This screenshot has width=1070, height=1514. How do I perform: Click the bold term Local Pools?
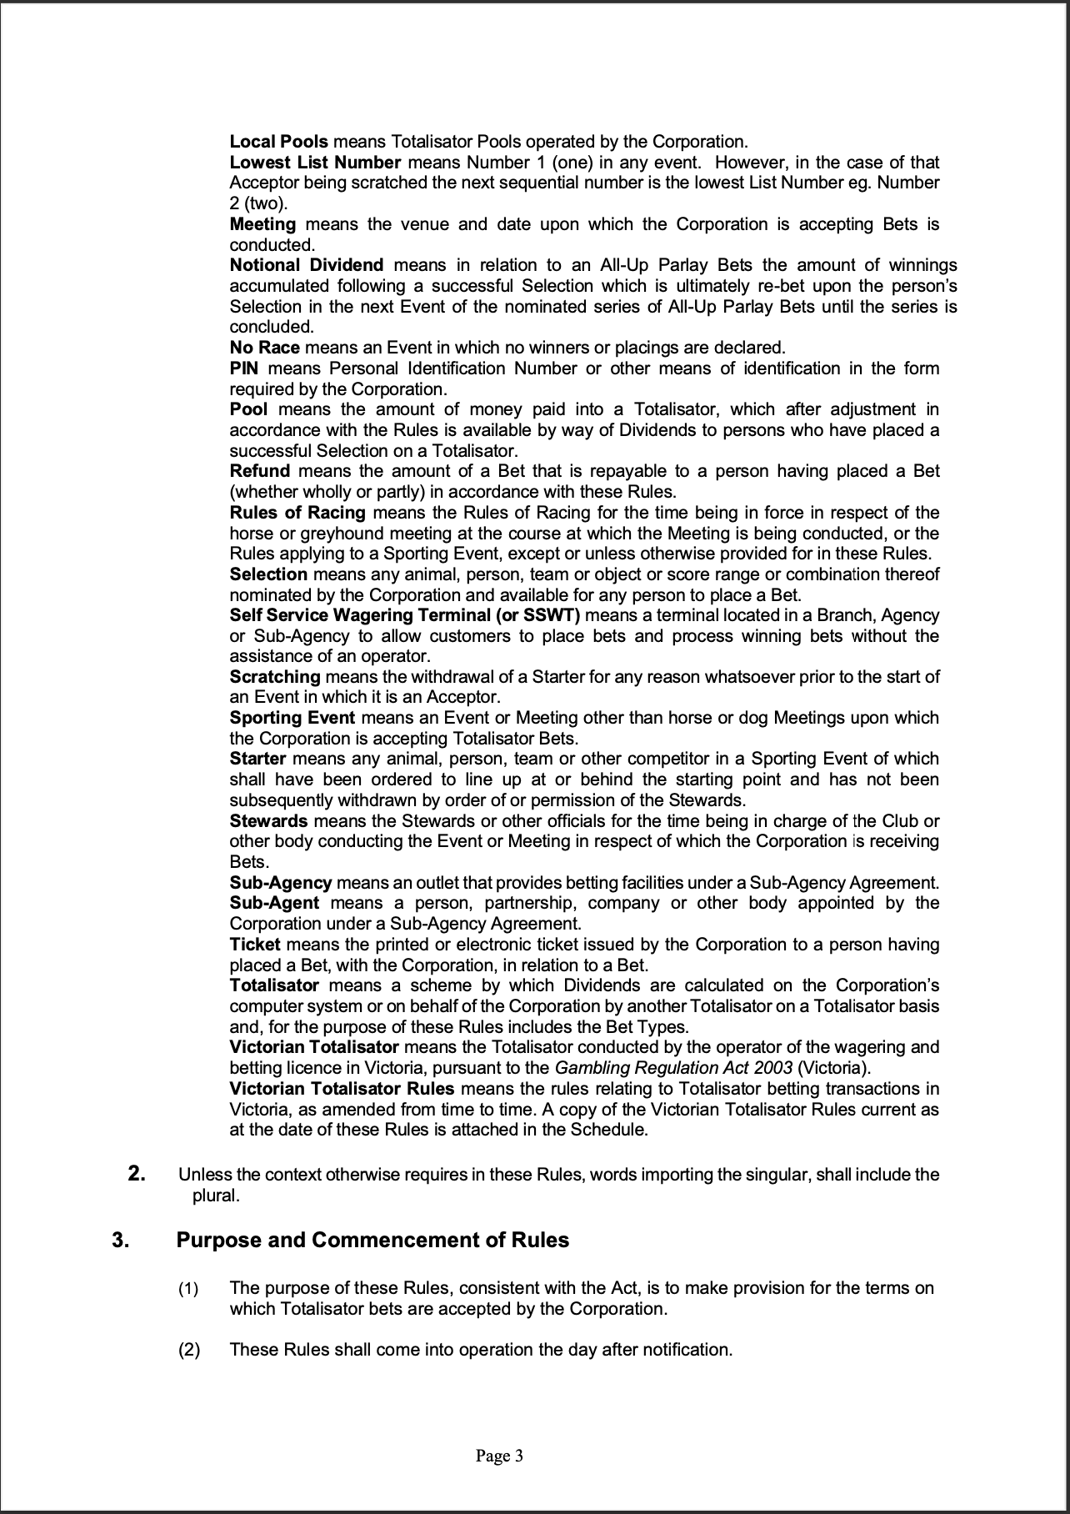(x=278, y=142)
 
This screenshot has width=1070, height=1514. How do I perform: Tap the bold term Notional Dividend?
(x=306, y=265)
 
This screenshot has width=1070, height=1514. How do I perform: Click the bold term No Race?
(x=264, y=348)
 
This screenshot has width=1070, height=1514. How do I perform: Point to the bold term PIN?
(x=244, y=368)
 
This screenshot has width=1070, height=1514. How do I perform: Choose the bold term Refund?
(x=259, y=471)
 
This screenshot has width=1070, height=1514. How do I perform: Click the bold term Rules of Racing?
(x=297, y=513)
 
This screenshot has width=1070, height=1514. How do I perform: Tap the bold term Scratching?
(x=275, y=677)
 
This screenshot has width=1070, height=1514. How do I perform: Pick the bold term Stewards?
(x=268, y=820)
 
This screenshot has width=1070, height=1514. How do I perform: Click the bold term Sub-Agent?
(x=274, y=903)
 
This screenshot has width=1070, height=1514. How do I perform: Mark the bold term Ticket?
(x=255, y=945)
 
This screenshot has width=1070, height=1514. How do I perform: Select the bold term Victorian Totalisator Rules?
(x=342, y=1089)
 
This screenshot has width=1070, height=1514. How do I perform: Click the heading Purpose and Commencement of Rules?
(x=372, y=1240)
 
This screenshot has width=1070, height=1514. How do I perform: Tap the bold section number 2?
(x=137, y=1175)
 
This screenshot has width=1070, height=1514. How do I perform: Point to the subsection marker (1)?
(x=188, y=1288)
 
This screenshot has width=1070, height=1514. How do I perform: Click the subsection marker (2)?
(x=188, y=1349)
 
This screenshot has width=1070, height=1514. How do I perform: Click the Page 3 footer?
(x=499, y=1456)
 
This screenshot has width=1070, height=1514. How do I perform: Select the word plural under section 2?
(x=216, y=1196)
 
